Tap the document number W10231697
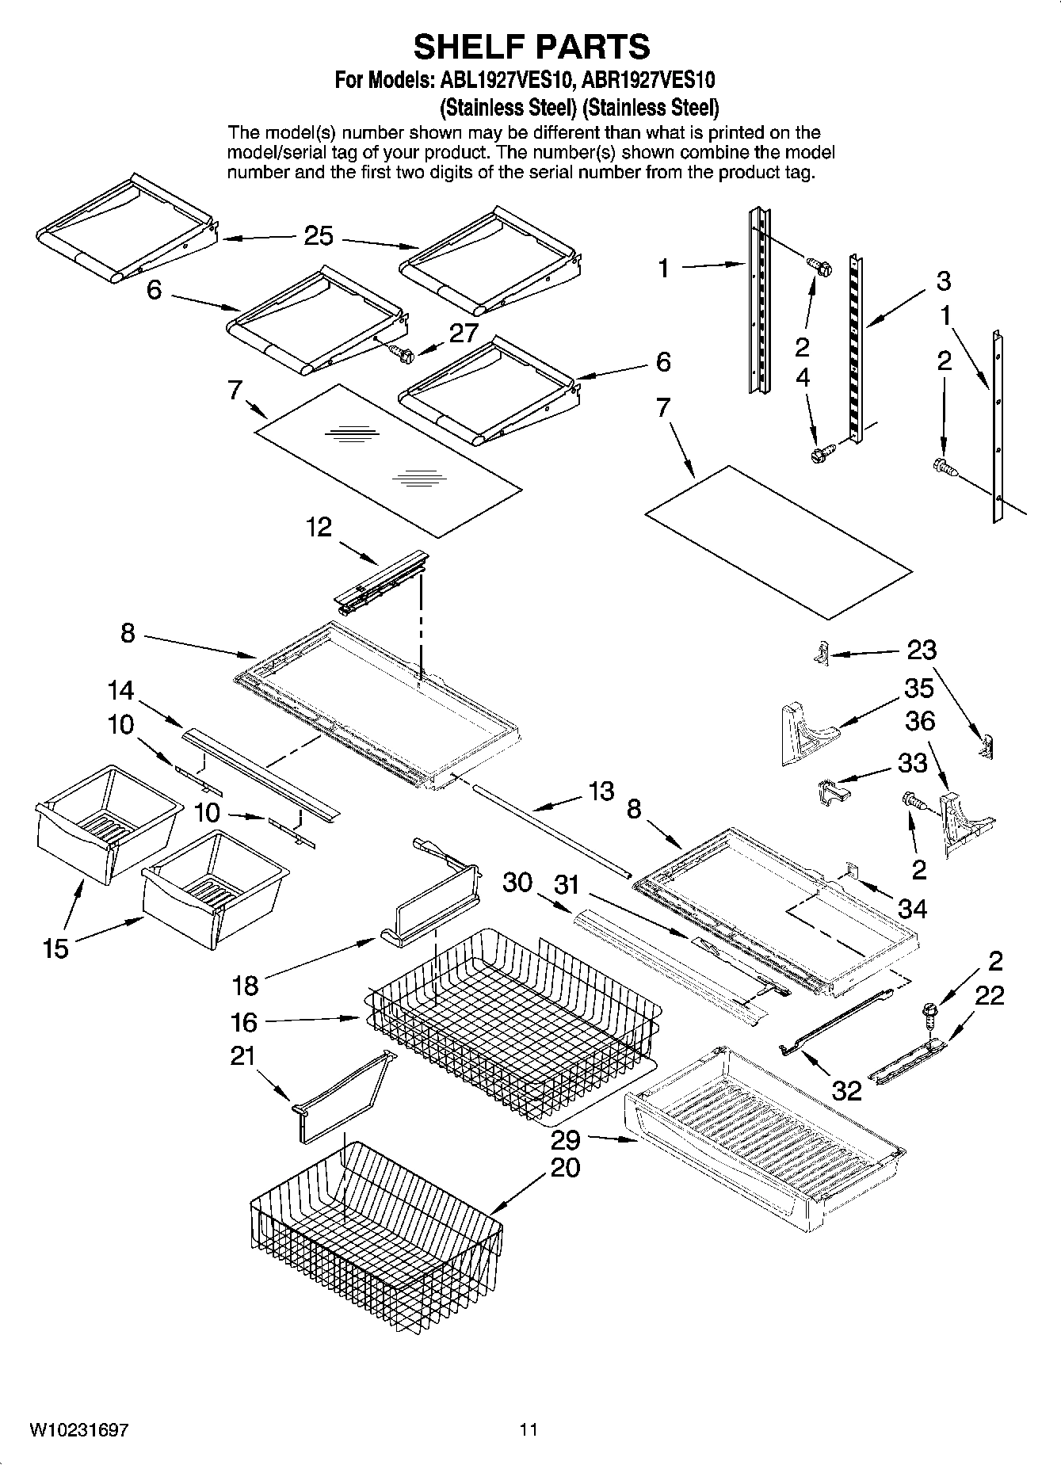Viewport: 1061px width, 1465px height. pos(79,1429)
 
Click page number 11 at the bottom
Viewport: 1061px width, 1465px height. pos(529,1429)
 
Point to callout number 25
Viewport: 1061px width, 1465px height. pos(319,236)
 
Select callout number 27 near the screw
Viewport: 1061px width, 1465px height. pos(464,333)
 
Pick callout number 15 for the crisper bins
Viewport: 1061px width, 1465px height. pos(55,948)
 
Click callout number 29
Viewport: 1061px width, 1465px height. pos(566,1140)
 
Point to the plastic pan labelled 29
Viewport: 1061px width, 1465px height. pos(761,1125)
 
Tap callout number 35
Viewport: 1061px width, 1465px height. pos(918,688)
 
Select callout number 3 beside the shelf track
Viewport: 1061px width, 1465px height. pos(943,280)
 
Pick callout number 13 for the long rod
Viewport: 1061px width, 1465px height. pos(601,791)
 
